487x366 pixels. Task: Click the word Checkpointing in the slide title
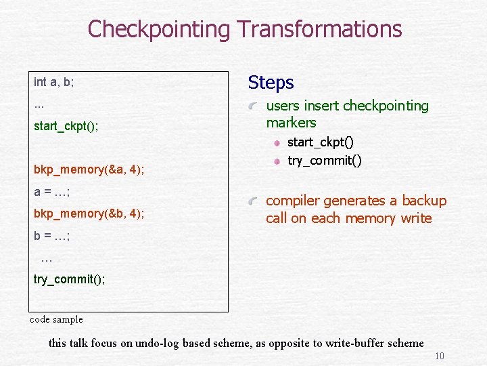tap(159, 29)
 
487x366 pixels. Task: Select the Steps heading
tap(271, 83)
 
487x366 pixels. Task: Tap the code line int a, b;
tap(54, 82)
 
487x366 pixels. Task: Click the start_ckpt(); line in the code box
tap(66, 126)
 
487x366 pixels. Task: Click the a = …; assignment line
tap(52, 192)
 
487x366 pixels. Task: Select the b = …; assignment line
tap(52, 236)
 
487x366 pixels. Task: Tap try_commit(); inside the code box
tap(69, 279)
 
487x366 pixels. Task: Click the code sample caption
tap(57, 319)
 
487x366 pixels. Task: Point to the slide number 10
tap(439, 357)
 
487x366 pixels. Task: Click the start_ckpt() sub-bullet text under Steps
tap(321, 143)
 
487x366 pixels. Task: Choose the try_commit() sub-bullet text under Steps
tap(325, 161)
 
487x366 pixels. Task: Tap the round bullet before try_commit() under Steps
tap(277, 161)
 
